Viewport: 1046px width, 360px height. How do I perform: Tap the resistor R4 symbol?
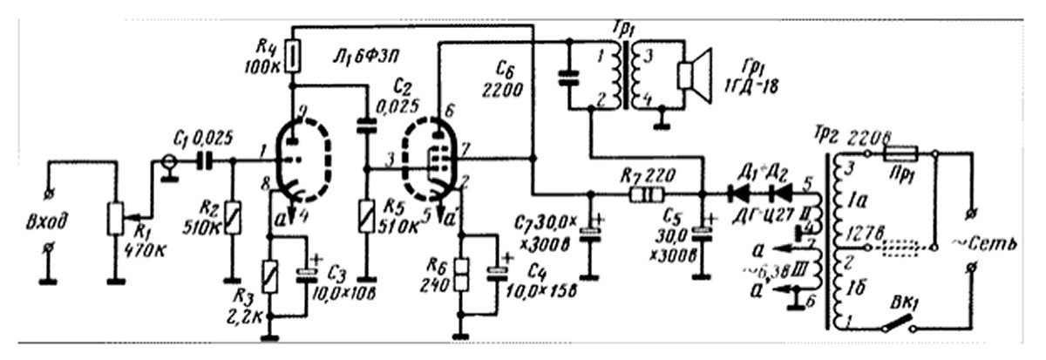[293, 57]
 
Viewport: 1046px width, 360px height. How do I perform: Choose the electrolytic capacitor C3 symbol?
[306, 274]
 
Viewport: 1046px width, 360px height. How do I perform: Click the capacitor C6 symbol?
[568, 78]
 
